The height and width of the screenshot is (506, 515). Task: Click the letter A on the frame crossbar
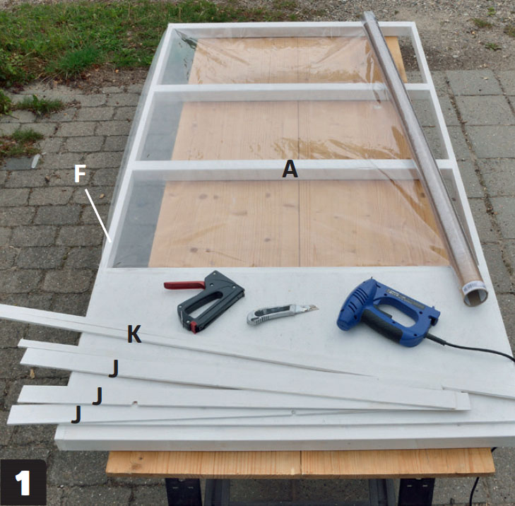[x=290, y=170]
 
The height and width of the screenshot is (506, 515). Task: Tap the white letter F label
[x=80, y=173]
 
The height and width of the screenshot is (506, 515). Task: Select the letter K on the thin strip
[x=134, y=334]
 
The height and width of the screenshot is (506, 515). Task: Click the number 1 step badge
[x=23, y=482]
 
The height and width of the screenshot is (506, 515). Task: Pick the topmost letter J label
[x=114, y=369]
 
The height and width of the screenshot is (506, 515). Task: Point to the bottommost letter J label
[x=76, y=414]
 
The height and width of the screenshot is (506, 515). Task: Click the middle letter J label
[x=97, y=396]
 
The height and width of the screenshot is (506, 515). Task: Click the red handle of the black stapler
[x=184, y=285]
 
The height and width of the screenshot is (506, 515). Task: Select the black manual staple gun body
[x=211, y=300]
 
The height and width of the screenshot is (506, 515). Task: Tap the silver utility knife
[x=282, y=314]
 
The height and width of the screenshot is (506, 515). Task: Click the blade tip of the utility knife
[x=318, y=307]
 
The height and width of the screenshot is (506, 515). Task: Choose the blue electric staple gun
[x=389, y=313]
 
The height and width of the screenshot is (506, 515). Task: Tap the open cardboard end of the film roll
[x=475, y=297]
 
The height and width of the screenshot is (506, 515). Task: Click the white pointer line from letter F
[x=98, y=216]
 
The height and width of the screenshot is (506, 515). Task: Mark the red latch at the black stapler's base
[x=194, y=327]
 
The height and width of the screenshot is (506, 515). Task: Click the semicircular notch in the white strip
[x=134, y=403]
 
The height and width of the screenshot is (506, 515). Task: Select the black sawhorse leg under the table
[x=182, y=492]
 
